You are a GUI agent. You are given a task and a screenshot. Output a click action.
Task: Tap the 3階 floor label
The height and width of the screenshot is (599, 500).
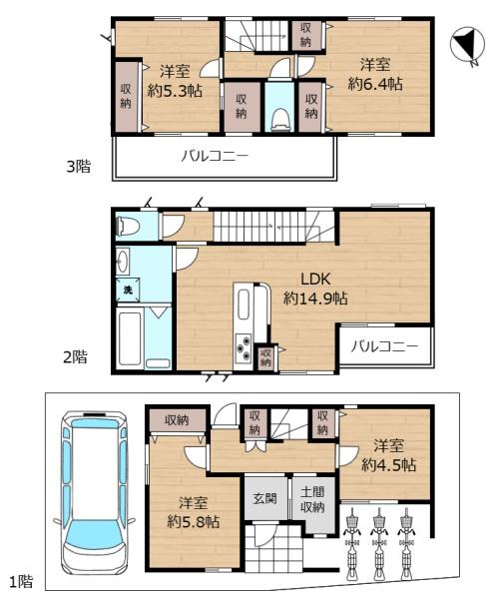point(78,167)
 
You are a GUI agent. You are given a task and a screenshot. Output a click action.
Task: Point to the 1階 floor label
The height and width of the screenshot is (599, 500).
point(21,581)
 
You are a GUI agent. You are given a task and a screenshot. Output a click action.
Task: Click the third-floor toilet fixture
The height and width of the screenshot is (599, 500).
point(279,117)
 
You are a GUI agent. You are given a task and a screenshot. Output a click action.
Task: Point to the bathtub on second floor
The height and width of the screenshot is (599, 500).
point(131,339)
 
